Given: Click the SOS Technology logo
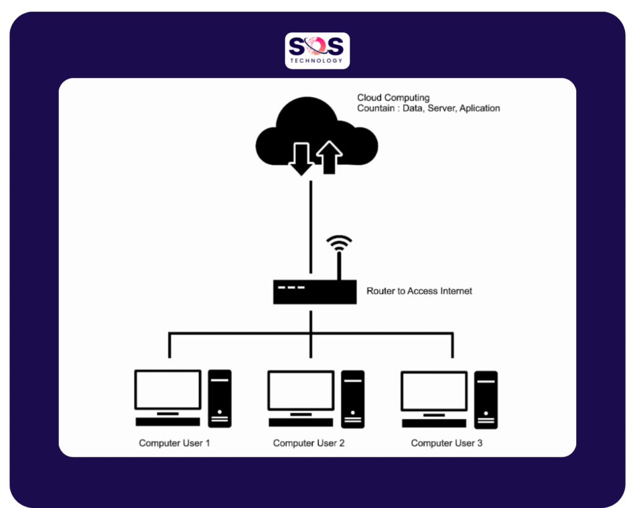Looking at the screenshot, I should click(x=317, y=50).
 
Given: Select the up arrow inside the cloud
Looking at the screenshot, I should click(x=330, y=158).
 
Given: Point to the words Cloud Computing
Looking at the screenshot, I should click(x=393, y=98).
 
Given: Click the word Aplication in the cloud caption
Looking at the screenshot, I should click(x=479, y=108).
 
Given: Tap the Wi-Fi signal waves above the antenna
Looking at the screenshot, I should click(x=339, y=243).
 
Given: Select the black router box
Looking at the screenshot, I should click(x=314, y=292).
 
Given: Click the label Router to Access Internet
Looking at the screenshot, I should click(x=419, y=291).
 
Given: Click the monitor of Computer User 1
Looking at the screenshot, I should click(x=168, y=390).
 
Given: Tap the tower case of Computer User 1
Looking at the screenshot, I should click(x=220, y=398).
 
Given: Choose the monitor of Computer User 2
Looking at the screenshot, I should click(x=301, y=390).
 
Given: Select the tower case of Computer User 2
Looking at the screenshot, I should click(x=353, y=398).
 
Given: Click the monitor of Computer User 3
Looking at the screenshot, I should click(x=434, y=391).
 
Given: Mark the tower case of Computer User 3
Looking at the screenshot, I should click(x=486, y=399).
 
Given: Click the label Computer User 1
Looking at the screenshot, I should click(x=174, y=443).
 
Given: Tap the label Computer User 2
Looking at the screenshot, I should click(x=309, y=443).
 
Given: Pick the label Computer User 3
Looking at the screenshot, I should click(x=446, y=443).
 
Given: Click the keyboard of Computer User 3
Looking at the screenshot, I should click(x=434, y=423).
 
